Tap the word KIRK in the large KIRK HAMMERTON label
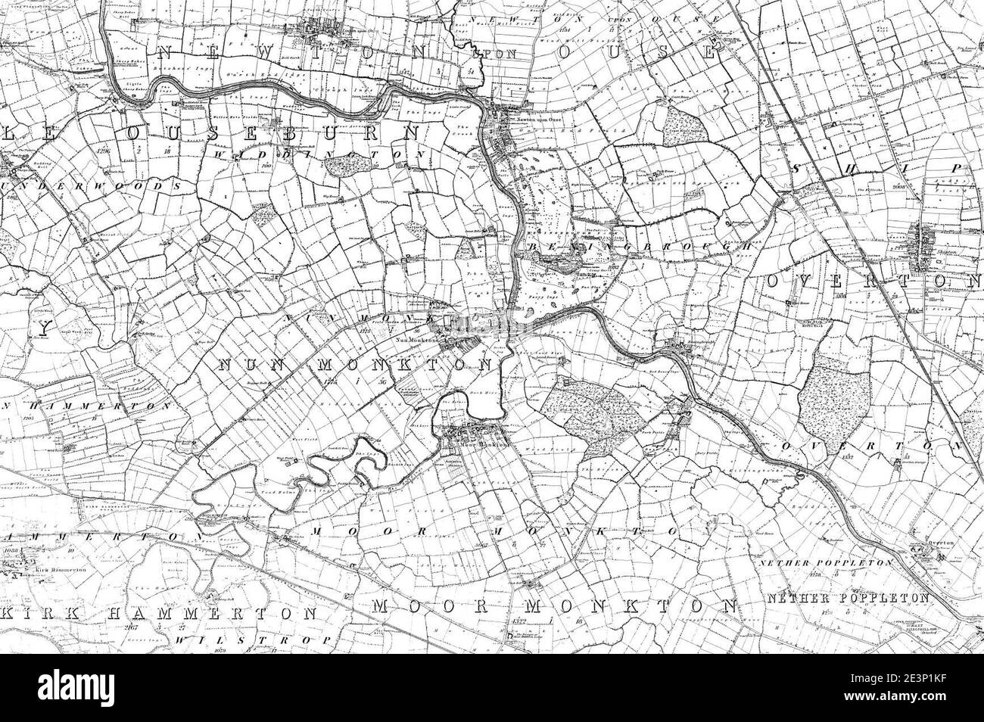click(34, 612)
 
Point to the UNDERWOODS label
click(91, 185)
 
